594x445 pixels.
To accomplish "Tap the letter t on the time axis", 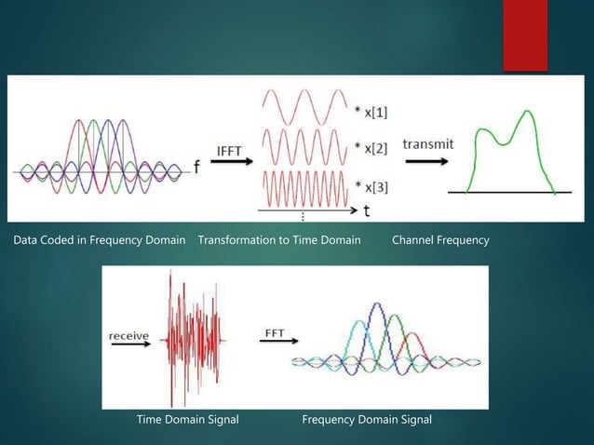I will [366, 210].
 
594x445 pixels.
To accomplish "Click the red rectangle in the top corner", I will [525, 35].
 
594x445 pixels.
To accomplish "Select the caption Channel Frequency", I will [440, 240].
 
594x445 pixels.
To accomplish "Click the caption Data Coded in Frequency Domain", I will [99, 240].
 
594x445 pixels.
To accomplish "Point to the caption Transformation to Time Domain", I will [279, 240].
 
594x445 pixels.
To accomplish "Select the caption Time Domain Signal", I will [187, 420].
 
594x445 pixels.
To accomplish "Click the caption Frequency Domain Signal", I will [367, 420].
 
